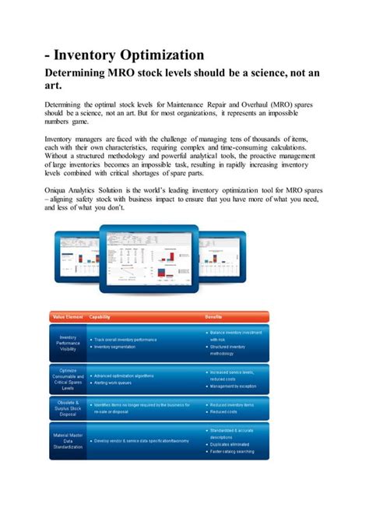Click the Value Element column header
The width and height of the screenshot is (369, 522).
pos(68,317)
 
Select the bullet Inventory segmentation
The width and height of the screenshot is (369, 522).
pos(116,346)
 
